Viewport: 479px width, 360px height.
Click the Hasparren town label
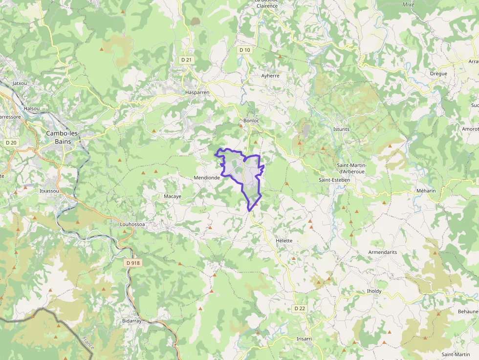click(x=197, y=92)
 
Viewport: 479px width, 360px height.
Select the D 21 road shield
click(x=186, y=60)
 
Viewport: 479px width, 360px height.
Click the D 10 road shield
click(x=245, y=50)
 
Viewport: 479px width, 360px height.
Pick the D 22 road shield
click(x=300, y=308)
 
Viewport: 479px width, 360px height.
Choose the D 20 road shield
click(x=11, y=143)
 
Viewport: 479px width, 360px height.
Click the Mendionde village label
click(x=207, y=178)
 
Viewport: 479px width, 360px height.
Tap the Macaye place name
click(x=172, y=196)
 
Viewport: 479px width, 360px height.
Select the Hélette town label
click(x=284, y=241)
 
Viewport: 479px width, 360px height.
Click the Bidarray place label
click(x=131, y=321)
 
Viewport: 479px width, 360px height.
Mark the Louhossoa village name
click(x=132, y=225)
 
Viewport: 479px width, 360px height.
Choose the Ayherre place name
click(x=270, y=76)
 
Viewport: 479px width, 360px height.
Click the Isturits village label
click(x=341, y=129)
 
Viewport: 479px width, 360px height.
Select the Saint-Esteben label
click(x=334, y=180)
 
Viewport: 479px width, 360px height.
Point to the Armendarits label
click(x=382, y=252)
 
